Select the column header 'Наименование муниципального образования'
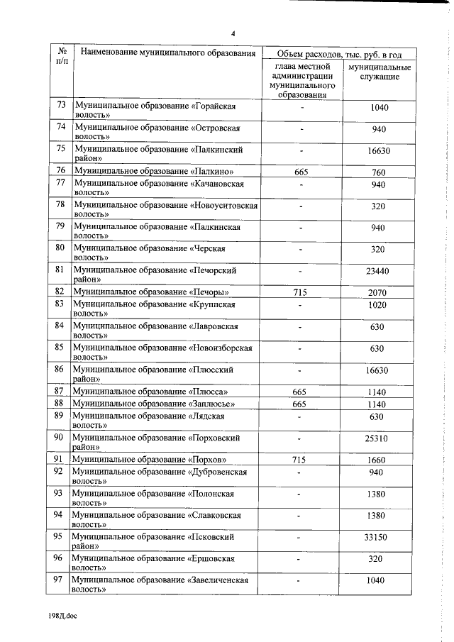(167, 53)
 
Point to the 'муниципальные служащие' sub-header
(377, 71)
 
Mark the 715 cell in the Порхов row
(301, 460)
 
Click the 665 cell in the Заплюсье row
(301, 404)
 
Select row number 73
(60, 106)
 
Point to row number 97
(60, 580)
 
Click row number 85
(60, 348)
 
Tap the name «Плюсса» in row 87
(209, 392)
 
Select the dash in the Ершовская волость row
(301, 559)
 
